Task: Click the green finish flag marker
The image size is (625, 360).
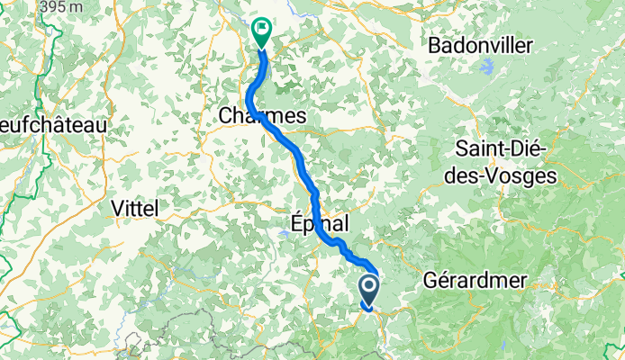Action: pos(261,33)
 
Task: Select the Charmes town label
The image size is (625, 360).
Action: pos(262,116)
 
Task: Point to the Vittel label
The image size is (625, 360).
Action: pos(133,208)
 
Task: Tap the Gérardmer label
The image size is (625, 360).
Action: pos(475,280)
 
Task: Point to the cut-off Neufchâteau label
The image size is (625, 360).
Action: pos(53,124)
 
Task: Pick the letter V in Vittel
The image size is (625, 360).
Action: pos(114,208)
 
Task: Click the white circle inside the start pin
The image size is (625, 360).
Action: pos(370,288)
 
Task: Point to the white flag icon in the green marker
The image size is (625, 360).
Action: pos(261,29)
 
